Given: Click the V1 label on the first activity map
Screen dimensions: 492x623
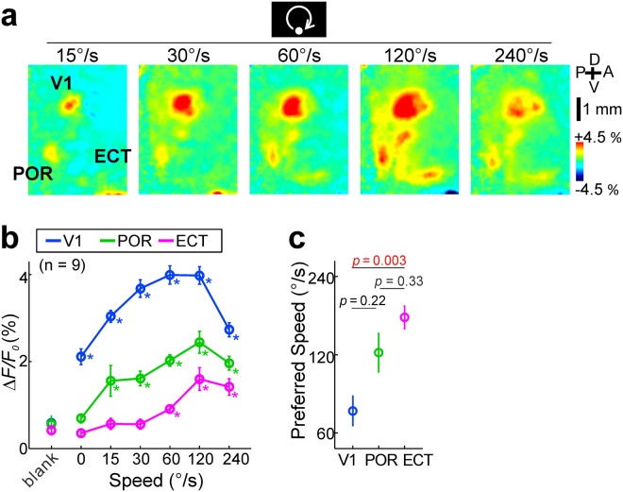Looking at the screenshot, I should tap(61, 85).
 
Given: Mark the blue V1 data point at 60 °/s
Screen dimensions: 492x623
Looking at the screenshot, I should tap(170, 276).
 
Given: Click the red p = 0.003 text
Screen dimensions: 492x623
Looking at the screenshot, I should tap(378, 261).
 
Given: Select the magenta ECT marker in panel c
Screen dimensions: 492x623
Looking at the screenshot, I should tap(405, 317).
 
